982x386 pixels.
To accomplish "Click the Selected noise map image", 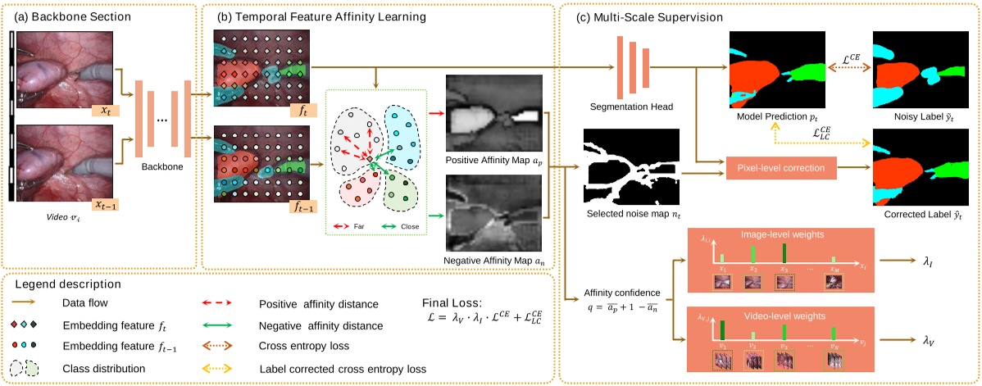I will point(630,166).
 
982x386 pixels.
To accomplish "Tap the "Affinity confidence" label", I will point(616,291).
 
